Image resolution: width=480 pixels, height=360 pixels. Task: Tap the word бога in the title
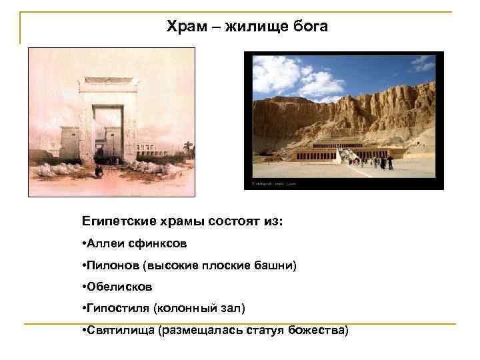click(309, 27)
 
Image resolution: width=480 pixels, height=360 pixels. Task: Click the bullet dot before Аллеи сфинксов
click(84, 243)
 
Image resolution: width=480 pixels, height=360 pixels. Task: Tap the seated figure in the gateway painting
click(99, 171)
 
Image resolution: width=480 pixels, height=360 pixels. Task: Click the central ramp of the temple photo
click(347, 156)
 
